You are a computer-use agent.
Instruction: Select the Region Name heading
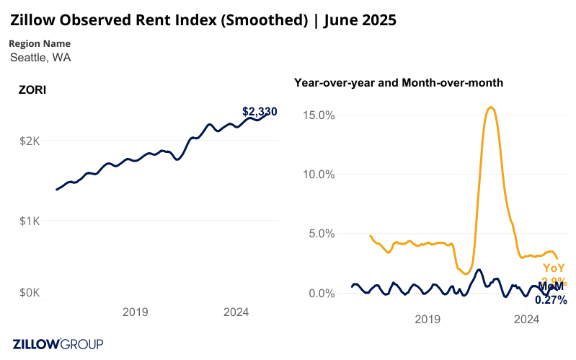point(40,43)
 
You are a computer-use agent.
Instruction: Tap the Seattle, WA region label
point(40,57)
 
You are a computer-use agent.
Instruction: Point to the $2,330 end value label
point(260,112)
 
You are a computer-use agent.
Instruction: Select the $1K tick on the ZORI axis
point(29,220)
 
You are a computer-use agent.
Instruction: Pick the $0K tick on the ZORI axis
point(29,293)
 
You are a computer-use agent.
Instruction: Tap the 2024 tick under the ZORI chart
point(236,312)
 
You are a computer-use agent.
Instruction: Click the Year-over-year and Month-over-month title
point(399,83)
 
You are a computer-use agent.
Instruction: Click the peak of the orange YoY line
point(491,107)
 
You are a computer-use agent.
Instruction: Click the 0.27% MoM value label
point(551,299)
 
